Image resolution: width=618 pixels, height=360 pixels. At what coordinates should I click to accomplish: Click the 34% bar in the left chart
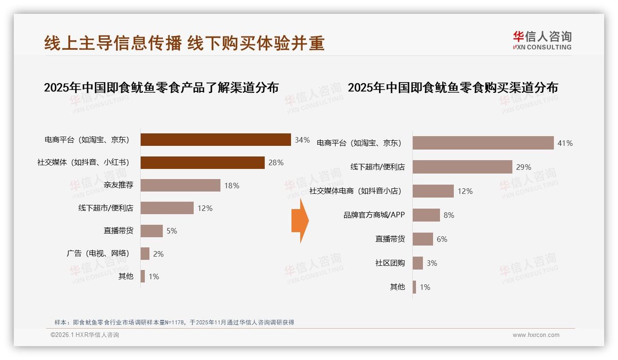(215, 139)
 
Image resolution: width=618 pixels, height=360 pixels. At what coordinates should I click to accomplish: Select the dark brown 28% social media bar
(202, 162)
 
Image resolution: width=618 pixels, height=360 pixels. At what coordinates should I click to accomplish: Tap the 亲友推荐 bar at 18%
(180, 185)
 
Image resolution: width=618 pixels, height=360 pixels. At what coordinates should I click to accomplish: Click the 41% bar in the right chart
(483, 143)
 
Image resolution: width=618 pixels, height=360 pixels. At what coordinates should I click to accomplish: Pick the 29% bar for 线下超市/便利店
(462, 167)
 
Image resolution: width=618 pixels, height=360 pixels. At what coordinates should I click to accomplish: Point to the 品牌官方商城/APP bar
(426, 215)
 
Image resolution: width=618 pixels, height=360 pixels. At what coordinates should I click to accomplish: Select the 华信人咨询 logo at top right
(542, 40)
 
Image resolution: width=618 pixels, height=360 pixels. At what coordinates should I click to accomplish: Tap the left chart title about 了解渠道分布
(161, 87)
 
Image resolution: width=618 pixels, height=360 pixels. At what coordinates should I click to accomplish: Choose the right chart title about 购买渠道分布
(452, 87)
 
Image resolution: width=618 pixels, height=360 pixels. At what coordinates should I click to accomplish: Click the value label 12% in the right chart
(465, 191)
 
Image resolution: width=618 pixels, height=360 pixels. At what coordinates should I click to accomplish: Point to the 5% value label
(172, 231)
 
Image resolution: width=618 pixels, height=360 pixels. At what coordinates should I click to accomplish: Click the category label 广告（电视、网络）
(98, 253)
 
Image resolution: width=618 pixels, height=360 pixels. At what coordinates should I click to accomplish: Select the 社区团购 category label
(390, 263)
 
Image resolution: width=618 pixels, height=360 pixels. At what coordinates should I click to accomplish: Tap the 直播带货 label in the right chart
(390, 239)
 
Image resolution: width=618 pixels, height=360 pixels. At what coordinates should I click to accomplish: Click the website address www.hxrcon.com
(536, 335)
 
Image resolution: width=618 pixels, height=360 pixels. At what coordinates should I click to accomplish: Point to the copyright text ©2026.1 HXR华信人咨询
(84, 335)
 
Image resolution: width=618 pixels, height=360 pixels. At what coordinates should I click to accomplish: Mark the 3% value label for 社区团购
(432, 263)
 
